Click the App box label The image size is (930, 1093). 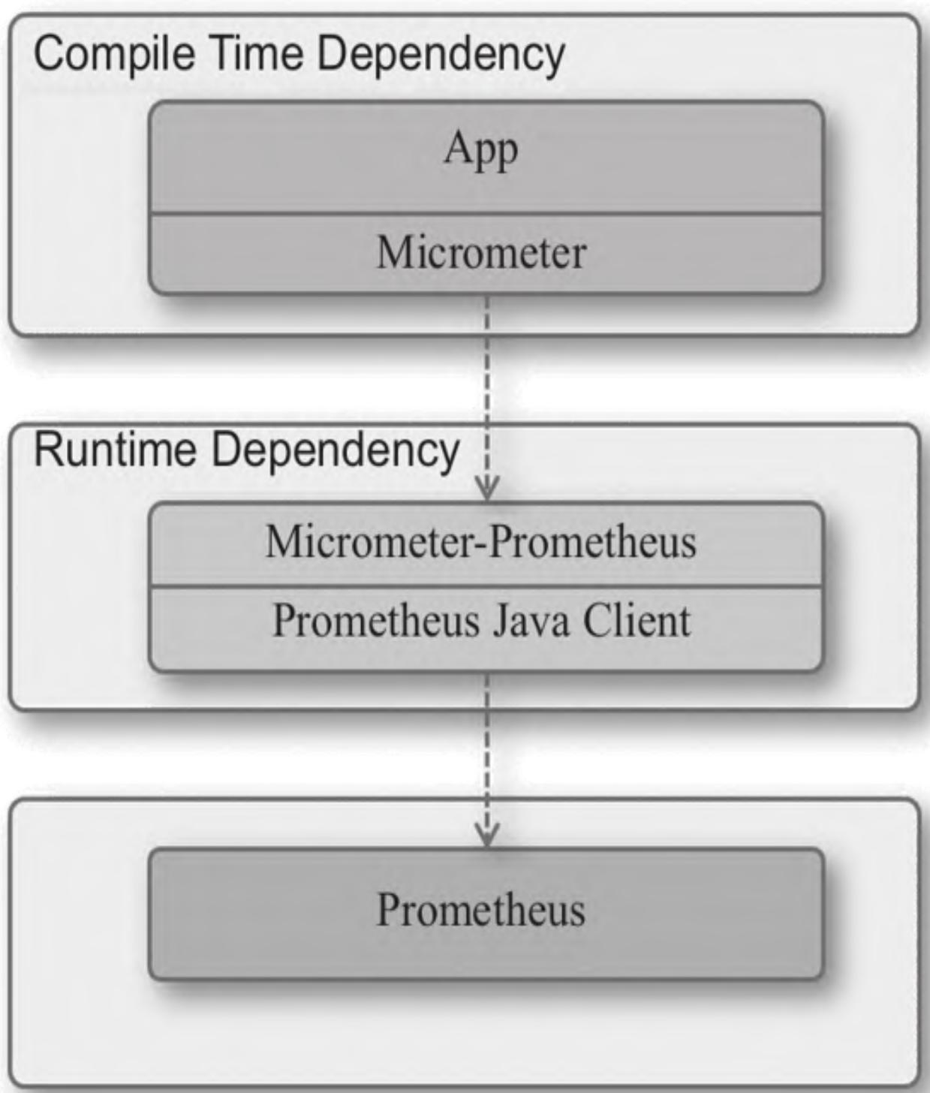[x=480, y=150]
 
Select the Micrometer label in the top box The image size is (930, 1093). [x=481, y=252]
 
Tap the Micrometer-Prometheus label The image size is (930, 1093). [x=481, y=542]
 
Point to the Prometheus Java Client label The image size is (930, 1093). [x=481, y=622]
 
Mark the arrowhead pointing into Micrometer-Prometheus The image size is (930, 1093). [x=487, y=489]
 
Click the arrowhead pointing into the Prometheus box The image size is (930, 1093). [x=487, y=835]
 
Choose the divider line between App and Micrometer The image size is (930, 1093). [x=486, y=214]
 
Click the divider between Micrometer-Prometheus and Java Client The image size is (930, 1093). [x=486, y=586]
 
